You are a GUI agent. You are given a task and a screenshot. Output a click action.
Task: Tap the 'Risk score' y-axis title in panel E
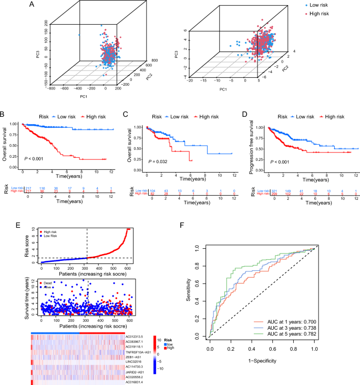27,245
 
